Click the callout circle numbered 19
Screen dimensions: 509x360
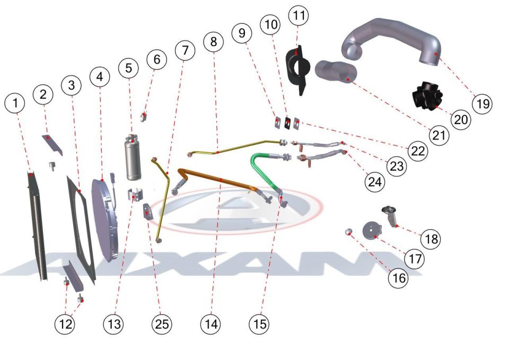[x=482, y=103]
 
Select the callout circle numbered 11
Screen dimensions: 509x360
[x=299, y=15]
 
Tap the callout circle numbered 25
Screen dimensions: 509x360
[x=162, y=323]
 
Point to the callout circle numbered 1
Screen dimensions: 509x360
[x=15, y=103]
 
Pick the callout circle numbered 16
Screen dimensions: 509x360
[x=399, y=277]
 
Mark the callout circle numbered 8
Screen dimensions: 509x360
[x=213, y=41]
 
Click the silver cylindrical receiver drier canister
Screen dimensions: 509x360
[x=133, y=157]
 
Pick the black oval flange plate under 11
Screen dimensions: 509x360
[x=296, y=70]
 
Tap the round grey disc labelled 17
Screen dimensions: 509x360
[x=372, y=231]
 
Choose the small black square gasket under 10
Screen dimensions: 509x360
[x=288, y=122]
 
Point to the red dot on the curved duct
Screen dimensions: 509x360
[x=437, y=54]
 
